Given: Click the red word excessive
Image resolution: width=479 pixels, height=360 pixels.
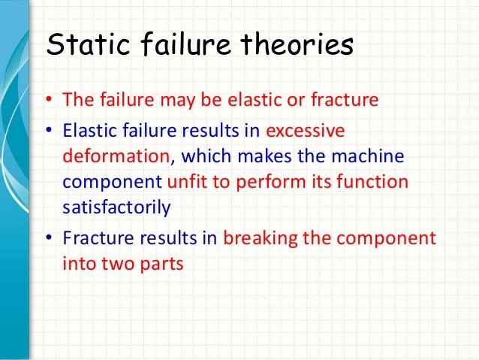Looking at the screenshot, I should click(x=303, y=131).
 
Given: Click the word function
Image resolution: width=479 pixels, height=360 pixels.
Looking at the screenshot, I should click(x=380, y=183).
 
